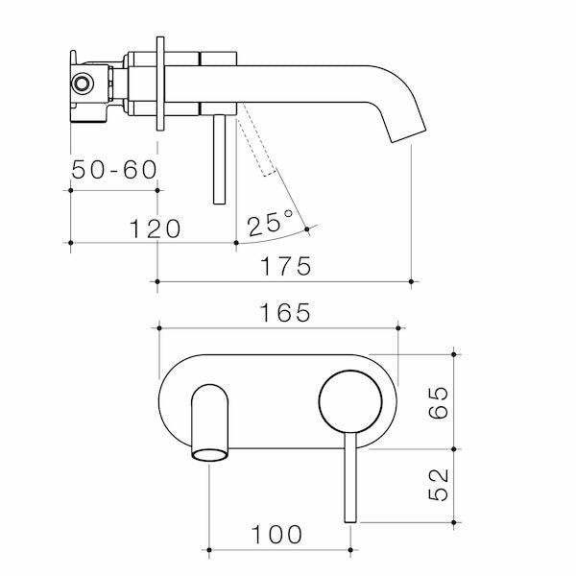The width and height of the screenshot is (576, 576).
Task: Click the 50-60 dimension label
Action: (113, 170)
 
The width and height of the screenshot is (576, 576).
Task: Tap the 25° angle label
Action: (270, 225)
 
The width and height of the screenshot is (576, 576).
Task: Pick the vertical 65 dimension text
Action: (439, 401)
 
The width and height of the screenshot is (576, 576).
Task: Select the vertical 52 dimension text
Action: (439, 486)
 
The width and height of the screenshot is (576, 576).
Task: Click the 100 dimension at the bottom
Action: (279, 534)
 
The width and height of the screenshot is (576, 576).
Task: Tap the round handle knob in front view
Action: (349, 400)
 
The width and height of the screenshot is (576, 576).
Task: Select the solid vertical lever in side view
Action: (221, 158)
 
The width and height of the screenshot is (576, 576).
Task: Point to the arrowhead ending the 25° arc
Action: (309, 228)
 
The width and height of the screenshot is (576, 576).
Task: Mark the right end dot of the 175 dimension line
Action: (412, 281)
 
